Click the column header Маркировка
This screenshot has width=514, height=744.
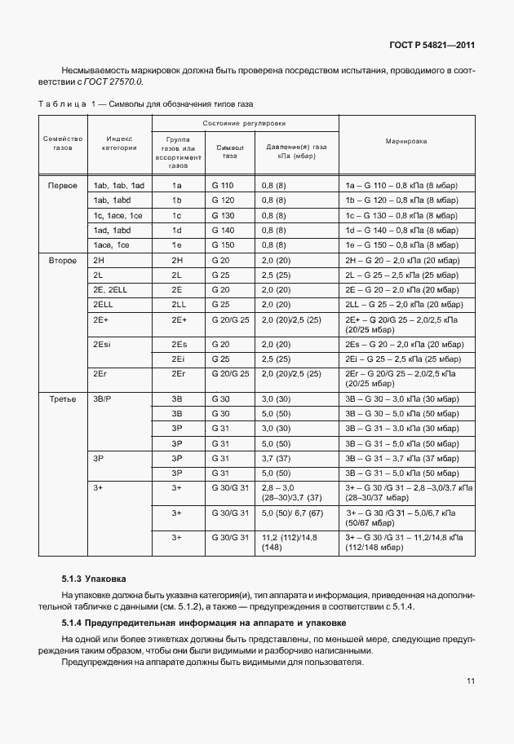(x=406, y=141)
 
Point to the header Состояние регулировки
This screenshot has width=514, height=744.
(x=245, y=122)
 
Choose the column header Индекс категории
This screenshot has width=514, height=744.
(x=118, y=143)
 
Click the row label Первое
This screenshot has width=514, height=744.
(x=63, y=186)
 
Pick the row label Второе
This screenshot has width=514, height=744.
(x=63, y=260)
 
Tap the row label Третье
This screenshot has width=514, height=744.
(x=63, y=399)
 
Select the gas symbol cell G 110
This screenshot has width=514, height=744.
(x=222, y=186)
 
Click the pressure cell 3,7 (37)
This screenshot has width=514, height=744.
(x=276, y=459)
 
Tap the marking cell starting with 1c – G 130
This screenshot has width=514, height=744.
(x=401, y=215)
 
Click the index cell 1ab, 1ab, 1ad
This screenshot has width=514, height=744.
(x=118, y=186)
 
